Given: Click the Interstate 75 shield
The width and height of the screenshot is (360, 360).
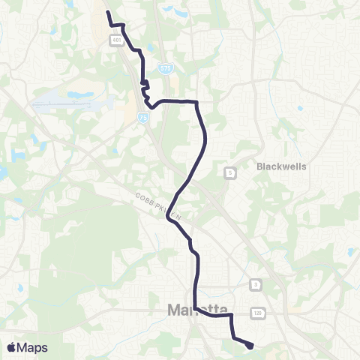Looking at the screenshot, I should [x=142, y=117].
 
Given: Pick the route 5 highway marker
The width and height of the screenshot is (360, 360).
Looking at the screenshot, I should [x=230, y=173].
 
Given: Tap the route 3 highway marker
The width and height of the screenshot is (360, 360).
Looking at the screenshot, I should [x=256, y=285].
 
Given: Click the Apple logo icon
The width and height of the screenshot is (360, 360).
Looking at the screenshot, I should [x=12, y=347].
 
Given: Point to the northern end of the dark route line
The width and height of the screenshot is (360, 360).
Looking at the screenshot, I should [x=108, y=13].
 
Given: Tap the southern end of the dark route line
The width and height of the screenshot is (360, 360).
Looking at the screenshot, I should [x=250, y=346].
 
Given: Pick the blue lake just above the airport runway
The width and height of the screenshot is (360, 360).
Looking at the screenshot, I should [x=79, y=96].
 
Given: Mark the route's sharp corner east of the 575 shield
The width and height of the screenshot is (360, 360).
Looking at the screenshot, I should [x=196, y=100].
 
